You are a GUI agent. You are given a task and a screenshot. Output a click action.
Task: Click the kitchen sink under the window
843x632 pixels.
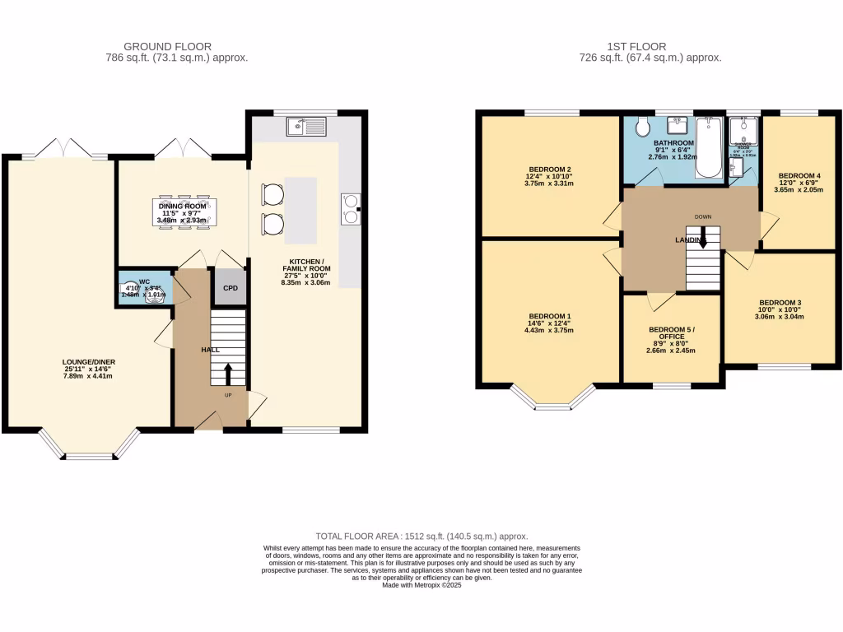(x=306, y=127)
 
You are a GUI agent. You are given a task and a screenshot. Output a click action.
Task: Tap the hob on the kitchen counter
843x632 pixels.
(x=351, y=208)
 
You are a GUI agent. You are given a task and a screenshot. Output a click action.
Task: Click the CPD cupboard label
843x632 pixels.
(x=231, y=288)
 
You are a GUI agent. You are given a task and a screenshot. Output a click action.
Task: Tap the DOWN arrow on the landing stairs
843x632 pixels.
(x=702, y=239)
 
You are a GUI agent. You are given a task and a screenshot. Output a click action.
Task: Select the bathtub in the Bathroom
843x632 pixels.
(x=708, y=148)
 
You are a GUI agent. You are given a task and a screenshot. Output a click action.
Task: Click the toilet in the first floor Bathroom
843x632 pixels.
(x=644, y=127)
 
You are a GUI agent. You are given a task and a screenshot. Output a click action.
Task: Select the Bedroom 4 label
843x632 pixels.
(x=799, y=175)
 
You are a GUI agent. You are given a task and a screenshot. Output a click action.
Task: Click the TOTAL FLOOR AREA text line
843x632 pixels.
(x=421, y=536)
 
